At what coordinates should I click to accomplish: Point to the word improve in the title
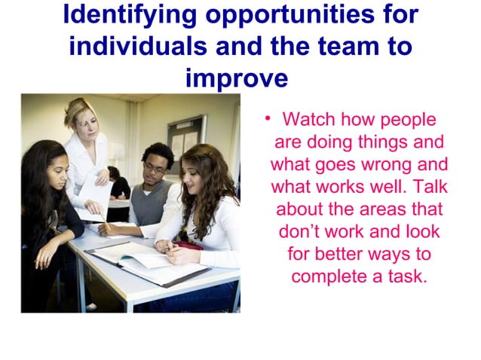point(236,78)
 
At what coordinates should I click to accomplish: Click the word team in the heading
point(342,46)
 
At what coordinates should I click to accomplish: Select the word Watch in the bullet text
point(308,121)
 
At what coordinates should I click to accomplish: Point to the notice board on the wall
point(185,136)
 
